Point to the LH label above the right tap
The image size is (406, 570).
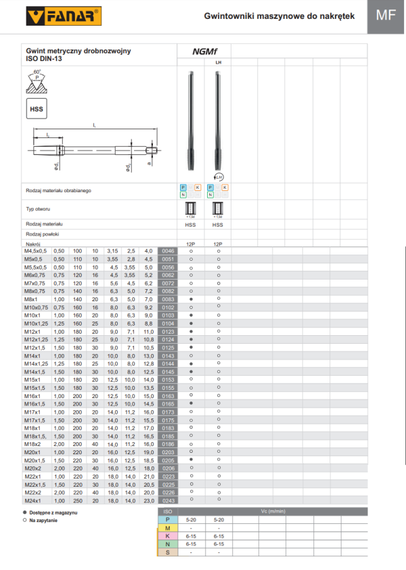click(x=218, y=62)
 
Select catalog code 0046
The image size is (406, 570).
click(x=168, y=250)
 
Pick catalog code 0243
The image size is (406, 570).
click(x=168, y=500)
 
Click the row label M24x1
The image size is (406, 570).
click(x=33, y=500)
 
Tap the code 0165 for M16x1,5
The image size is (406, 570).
click(x=168, y=403)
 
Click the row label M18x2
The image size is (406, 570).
click(x=33, y=443)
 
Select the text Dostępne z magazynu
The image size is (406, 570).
click(x=53, y=514)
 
